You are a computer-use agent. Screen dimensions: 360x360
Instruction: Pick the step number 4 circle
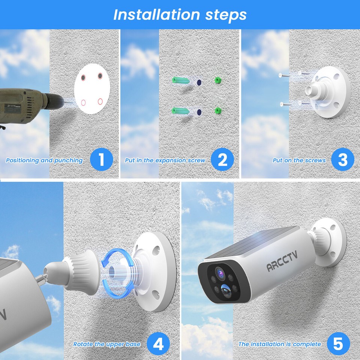[158, 343]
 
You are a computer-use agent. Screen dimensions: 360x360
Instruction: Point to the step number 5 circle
[338, 343]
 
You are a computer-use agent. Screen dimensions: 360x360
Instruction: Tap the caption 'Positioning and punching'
[44, 160]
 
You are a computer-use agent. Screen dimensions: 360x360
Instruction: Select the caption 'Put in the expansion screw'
[165, 160]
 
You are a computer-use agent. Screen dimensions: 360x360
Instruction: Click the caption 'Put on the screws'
[299, 160]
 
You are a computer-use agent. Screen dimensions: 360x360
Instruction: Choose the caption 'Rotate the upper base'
[107, 344]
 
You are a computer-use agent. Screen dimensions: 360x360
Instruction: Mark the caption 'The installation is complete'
[280, 344]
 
